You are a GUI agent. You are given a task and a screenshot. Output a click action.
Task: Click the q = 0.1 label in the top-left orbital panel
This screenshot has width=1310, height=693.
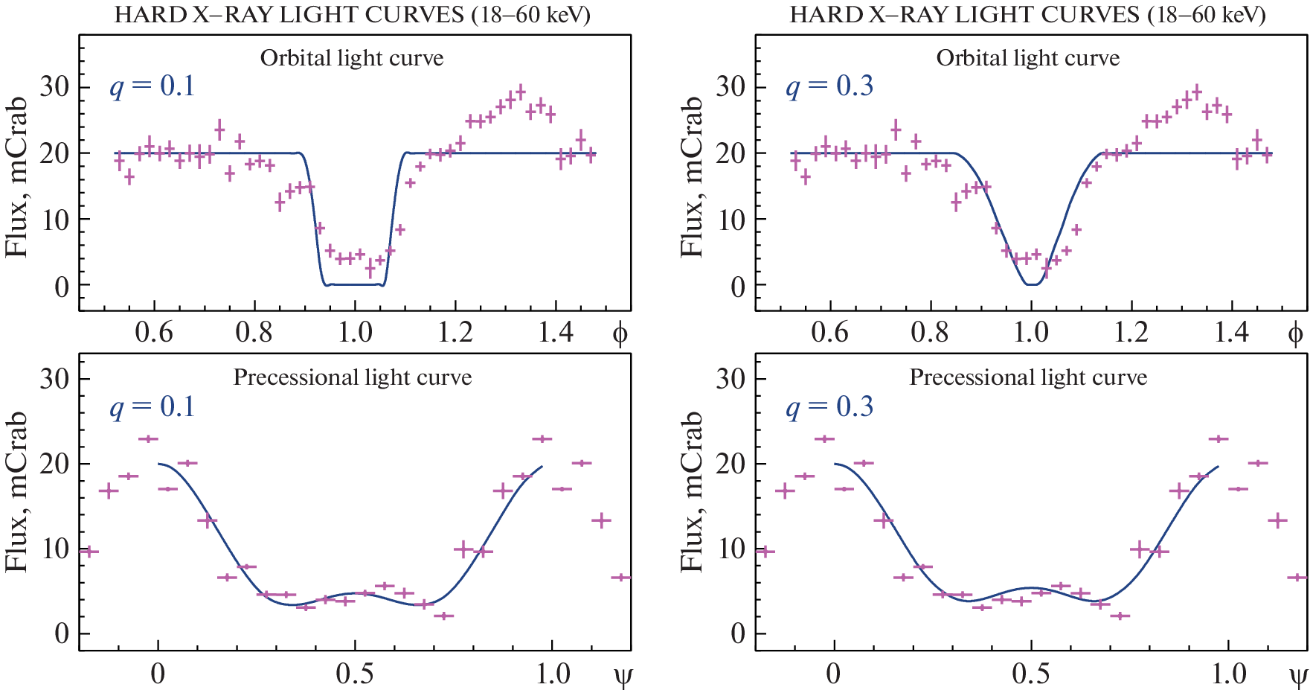pos(152,86)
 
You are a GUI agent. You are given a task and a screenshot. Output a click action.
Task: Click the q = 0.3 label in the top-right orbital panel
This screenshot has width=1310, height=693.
pos(829,86)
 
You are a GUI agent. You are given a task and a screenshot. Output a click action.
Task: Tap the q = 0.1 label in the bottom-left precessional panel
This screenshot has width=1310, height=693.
pos(152,407)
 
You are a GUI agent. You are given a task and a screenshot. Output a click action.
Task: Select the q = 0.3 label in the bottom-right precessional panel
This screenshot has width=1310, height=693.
pos(829,407)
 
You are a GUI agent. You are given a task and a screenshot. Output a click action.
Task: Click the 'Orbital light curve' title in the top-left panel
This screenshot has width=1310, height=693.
pos(352,58)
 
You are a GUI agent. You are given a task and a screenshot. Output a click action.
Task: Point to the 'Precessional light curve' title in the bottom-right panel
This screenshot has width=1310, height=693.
pos(1028,377)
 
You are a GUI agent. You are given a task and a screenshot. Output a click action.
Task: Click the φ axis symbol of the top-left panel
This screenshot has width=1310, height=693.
pos(620,334)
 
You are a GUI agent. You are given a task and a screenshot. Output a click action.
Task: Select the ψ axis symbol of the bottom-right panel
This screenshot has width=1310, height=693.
pos(1298,676)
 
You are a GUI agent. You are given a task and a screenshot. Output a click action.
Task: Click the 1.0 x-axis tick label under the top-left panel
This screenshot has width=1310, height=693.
pos(355,332)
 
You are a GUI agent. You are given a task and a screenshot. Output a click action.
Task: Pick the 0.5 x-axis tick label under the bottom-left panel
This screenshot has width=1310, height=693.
pos(355,674)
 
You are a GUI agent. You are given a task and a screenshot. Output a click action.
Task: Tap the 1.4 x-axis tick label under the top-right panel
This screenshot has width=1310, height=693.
pos(1232,332)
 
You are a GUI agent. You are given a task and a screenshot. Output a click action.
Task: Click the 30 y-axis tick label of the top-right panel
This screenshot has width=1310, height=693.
pos(731,87)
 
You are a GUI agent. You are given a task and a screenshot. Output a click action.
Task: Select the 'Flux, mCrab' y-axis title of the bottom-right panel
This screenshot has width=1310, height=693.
pos(693,491)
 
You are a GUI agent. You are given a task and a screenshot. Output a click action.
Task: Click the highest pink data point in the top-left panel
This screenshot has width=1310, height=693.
pos(520,92)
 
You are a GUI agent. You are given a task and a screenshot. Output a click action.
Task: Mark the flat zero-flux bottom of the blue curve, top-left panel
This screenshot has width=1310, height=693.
pos(354,284)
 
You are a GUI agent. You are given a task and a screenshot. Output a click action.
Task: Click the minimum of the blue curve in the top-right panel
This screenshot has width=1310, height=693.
pos(1031,284)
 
